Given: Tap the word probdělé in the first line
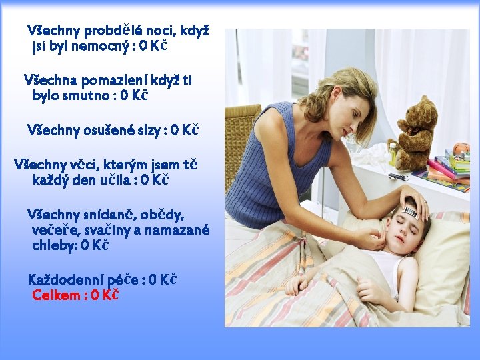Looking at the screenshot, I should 113,30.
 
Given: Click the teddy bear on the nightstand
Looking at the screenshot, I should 415,130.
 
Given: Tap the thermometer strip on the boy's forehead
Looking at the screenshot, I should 409,211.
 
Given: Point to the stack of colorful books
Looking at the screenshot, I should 450,167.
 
